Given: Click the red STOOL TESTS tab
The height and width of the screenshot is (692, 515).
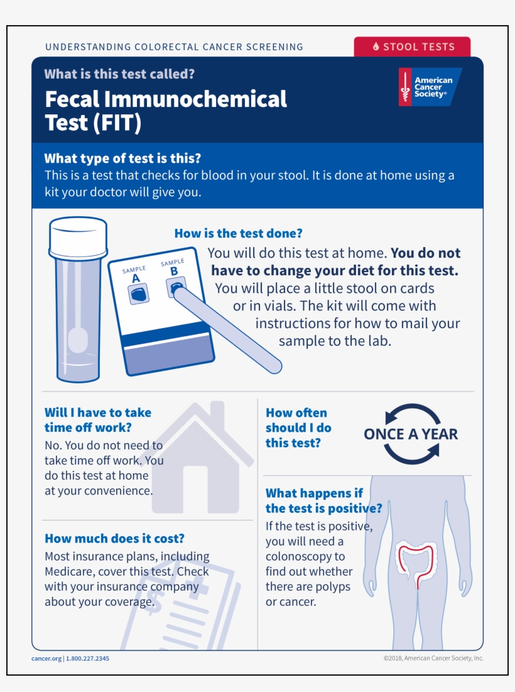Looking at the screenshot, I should click(412, 47).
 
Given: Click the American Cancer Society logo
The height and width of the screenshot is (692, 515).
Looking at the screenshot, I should click(430, 87).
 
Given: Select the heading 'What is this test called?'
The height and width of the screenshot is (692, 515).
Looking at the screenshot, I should click(119, 74).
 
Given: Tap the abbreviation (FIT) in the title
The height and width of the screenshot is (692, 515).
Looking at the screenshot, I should click(117, 123).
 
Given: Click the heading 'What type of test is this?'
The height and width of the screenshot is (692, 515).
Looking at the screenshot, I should click(122, 158).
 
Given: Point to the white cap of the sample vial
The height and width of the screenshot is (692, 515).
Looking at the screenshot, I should click(78, 238).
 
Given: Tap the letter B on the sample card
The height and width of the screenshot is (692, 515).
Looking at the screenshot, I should click(174, 272).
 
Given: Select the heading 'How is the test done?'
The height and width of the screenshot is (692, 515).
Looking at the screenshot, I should click(239, 233).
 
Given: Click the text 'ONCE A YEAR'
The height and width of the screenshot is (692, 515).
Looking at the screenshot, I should click(411, 434).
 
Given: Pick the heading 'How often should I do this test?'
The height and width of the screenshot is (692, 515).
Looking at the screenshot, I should click(298, 428).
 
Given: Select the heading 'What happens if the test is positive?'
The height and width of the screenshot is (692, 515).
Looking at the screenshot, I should click(323, 501).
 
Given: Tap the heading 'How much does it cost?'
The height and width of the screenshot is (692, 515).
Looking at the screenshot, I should click(114, 539).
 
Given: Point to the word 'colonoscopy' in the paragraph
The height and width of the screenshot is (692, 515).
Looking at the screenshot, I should click(305, 556).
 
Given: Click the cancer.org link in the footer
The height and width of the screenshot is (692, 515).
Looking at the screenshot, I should click(46, 658).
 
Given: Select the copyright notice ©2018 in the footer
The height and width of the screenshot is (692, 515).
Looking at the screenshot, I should click(433, 658).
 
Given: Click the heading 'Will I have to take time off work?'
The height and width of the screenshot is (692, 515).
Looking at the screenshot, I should click(98, 420).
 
